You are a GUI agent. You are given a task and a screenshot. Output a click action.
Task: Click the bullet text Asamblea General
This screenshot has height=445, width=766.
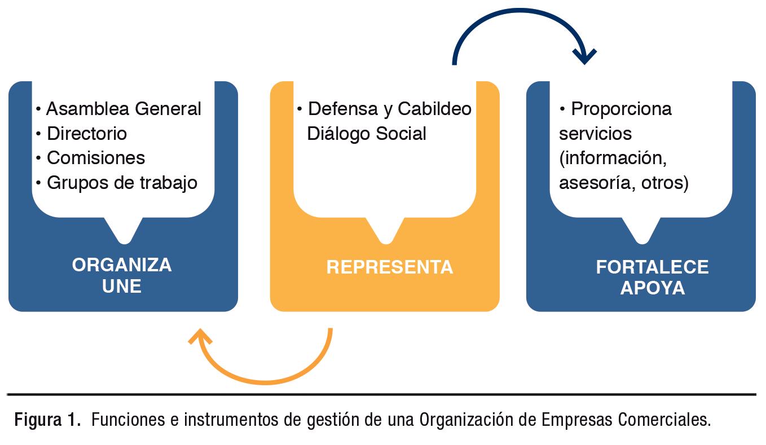[x=123, y=108]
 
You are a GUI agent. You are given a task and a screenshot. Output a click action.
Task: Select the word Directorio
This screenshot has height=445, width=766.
[x=86, y=133]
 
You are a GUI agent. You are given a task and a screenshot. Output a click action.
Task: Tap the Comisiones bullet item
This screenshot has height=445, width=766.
[x=95, y=158]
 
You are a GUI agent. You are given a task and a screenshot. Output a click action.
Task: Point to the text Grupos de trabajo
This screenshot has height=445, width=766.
[x=121, y=183]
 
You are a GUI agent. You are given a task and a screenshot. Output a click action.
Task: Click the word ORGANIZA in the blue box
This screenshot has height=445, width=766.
[x=122, y=265]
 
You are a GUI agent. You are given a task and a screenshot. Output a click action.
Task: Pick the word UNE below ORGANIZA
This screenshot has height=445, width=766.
[x=122, y=286]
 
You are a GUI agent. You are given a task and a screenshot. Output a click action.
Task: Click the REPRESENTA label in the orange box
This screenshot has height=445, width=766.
[x=389, y=267]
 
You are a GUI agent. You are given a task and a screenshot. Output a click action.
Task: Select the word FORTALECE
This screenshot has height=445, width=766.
[x=652, y=267]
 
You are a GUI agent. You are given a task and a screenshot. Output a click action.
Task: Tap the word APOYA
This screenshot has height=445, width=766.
[x=652, y=288]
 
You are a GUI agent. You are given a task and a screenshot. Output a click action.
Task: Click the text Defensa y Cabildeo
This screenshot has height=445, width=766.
[x=389, y=108]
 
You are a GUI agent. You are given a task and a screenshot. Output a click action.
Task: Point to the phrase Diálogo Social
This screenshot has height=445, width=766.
[x=366, y=133]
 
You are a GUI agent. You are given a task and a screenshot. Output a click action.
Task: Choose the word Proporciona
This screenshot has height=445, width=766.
[x=621, y=108]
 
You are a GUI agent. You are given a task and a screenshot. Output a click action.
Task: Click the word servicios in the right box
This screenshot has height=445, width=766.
[x=595, y=133]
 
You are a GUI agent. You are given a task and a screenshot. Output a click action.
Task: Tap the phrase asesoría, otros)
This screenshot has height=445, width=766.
[x=623, y=183]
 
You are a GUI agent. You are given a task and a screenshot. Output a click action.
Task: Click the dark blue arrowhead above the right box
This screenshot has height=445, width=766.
[x=584, y=55]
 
